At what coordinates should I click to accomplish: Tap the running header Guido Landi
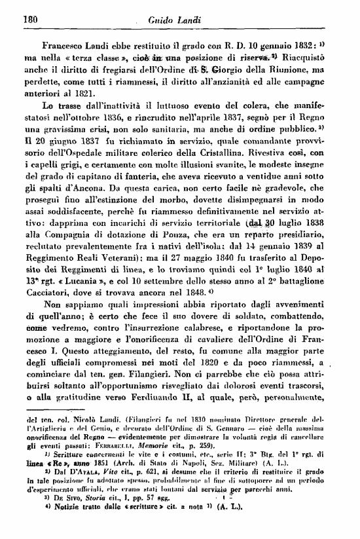(x=179, y=20)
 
